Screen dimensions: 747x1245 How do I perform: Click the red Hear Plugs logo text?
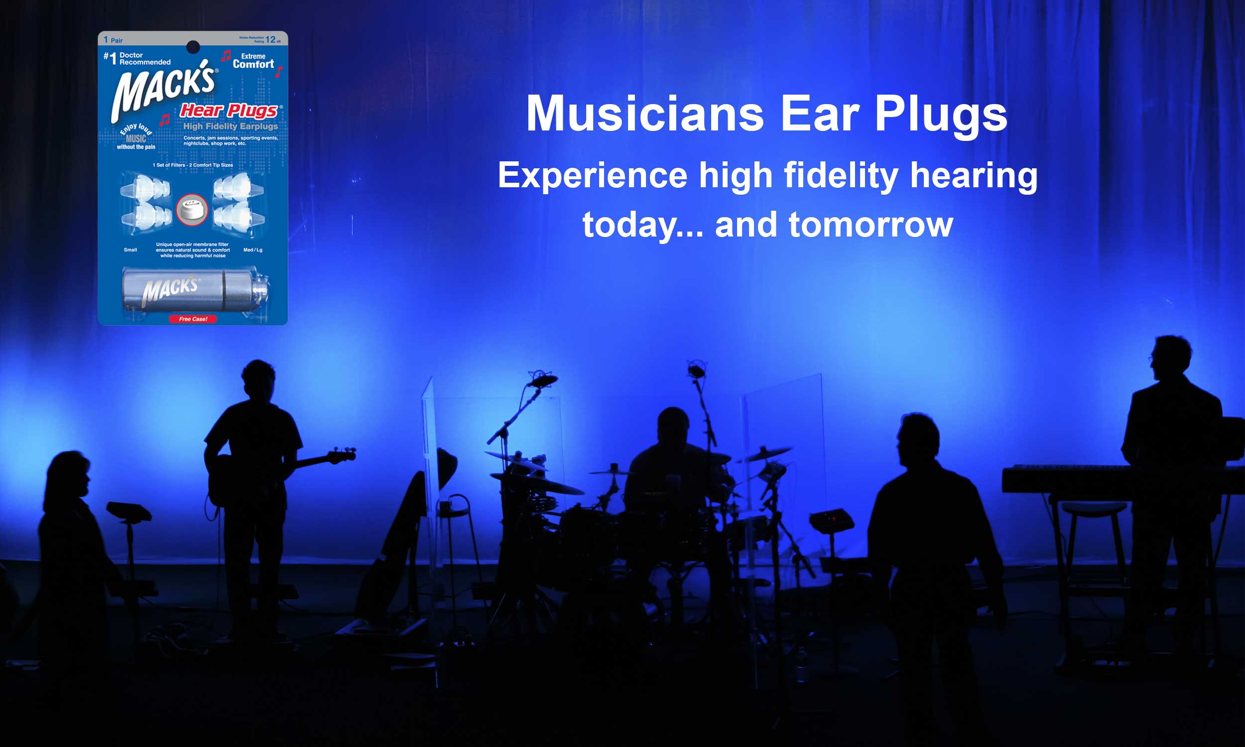click(230, 110)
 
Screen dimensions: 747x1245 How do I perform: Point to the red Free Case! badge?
click(193, 319)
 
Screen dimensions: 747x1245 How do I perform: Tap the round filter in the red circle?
click(192, 209)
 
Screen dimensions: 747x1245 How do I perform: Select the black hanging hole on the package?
click(193, 47)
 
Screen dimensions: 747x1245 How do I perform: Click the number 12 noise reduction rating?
click(271, 39)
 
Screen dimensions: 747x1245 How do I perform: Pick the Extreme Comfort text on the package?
click(253, 61)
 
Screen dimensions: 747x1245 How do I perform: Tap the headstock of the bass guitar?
click(342, 455)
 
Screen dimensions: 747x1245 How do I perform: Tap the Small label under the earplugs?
click(130, 249)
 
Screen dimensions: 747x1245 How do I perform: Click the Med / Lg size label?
click(252, 249)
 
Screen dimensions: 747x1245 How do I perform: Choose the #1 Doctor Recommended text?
click(137, 58)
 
